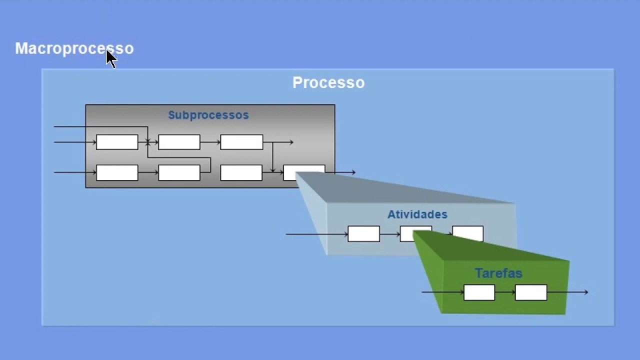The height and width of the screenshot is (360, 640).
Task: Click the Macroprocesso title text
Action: pyautogui.click(x=74, y=48)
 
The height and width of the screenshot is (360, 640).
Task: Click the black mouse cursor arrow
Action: pyautogui.click(x=110, y=58)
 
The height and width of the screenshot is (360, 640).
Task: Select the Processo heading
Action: pyautogui.click(x=328, y=82)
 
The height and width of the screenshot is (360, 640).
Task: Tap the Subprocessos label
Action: pyautogui.click(x=208, y=115)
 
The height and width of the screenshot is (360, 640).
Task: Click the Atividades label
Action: pyautogui.click(x=417, y=214)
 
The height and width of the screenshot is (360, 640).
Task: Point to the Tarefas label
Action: pyautogui.click(x=498, y=273)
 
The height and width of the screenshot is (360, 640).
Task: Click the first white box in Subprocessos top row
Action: pyautogui.click(x=117, y=142)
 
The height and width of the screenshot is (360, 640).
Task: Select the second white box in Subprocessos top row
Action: pyautogui.click(x=179, y=142)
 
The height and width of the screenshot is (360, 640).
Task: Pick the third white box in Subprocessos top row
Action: pyautogui.click(x=241, y=142)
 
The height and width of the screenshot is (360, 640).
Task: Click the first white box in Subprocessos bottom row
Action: pyautogui.click(x=117, y=172)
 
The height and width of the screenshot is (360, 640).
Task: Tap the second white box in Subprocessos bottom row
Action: pyautogui.click(x=179, y=172)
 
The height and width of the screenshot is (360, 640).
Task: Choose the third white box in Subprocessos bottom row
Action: pyautogui.click(x=241, y=172)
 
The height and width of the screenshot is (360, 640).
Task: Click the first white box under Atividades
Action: pyautogui.click(x=363, y=234)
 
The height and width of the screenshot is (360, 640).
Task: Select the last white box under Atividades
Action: pyautogui.click(x=468, y=233)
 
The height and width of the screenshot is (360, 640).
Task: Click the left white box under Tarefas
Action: pyautogui.click(x=479, y=292)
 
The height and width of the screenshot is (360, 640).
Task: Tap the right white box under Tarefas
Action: pyautogui.click(x=531, y=292)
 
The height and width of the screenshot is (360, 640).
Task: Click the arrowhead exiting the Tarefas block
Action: pyautogui.click(x=585, y=292)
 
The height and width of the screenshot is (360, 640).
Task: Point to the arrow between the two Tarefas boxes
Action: pyautogui.click(x=505, y=292)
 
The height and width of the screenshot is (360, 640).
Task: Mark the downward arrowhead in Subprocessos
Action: pyautogui.click(x=272, y=170)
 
